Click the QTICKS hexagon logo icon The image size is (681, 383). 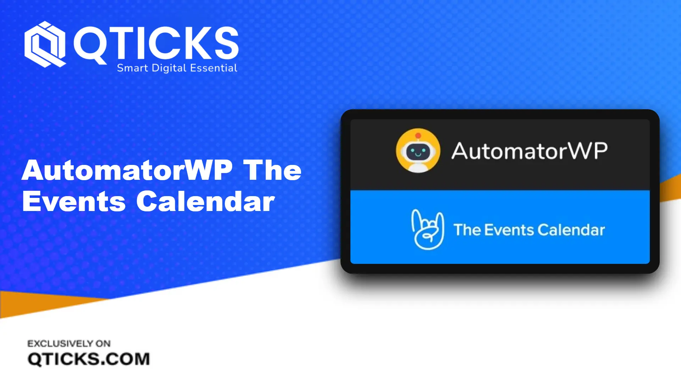tap(45, 44)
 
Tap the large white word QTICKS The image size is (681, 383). tap(156, 43)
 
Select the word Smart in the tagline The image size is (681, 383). tap(132, 68)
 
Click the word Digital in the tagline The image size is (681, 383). tap(169, 68)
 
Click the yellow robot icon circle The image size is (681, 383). tap(418, 150)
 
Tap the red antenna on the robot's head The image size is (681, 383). tap(418, 135)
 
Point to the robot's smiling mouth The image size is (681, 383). tap(418, 154)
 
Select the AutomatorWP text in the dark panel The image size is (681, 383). tap(529, 151)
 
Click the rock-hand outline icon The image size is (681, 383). tap(428, 229)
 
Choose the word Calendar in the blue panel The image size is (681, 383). tap(571, 230)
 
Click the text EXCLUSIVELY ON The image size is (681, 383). tap(69, 343)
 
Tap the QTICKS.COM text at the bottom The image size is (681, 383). tap(89, 359)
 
